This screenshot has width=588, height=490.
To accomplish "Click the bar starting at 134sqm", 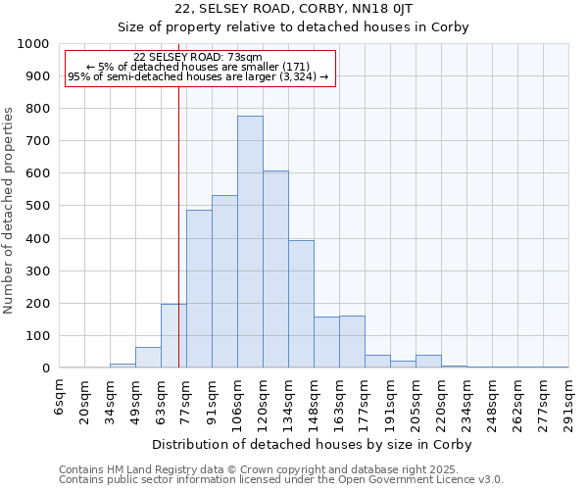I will (301, 304).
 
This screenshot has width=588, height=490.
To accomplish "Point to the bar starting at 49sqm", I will (148, 358).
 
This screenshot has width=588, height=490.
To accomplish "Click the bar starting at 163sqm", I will (352, 342).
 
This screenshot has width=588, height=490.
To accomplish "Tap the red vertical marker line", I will (178, 245).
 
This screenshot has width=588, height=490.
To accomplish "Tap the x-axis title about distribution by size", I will (313, 444).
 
